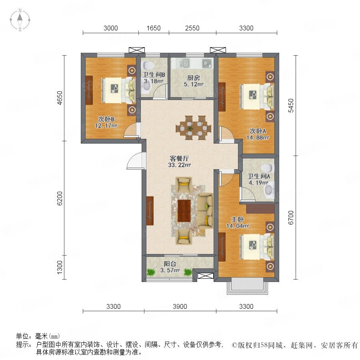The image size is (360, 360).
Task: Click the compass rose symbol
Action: [20, 20]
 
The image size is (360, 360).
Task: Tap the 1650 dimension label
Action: [154, 28]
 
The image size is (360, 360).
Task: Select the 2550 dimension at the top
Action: [192, 28]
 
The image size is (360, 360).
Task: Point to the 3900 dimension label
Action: [180, 306]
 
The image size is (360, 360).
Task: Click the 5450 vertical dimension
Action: [291, 105]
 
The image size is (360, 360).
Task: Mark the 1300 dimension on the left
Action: [60, 267]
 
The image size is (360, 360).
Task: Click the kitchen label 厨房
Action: [193, 78]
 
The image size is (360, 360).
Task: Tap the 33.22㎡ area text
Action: [180, 165]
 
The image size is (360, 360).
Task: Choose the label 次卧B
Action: [106, 119]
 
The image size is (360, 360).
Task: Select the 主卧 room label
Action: [237, 219]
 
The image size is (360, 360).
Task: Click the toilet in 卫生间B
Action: [148, 65]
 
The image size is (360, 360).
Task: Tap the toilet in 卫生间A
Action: [268, 168]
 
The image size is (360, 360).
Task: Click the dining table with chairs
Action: [193, 128]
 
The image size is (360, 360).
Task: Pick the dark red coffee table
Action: [184, 211]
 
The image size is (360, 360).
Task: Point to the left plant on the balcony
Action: [151, 272]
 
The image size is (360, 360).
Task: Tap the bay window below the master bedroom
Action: [248, 286]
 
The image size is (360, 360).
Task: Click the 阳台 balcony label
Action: [170, 264]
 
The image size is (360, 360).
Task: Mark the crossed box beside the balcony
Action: [206, 276]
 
